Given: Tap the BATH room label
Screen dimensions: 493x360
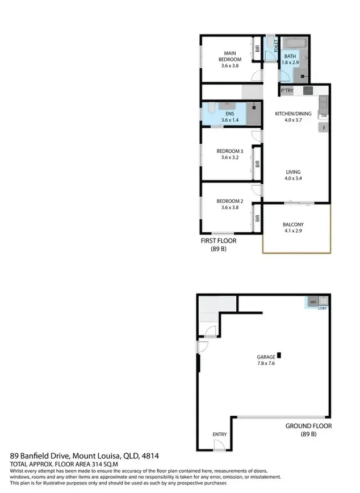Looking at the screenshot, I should tap(290, 56).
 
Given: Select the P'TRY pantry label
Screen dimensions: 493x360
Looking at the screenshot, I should tap(287, 91).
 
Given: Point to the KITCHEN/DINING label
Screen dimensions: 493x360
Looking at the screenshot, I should tap(293, 114).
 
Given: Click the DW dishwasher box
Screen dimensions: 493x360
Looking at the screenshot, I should tap(324, 116).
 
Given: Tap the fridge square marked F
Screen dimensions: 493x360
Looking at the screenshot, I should tap(324, 128).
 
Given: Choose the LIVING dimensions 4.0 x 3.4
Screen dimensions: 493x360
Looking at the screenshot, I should tap(294, 178).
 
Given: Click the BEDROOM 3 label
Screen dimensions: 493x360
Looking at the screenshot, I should tap(230, 151).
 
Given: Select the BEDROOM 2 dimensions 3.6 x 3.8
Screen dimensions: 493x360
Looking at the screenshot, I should tap(230, 207).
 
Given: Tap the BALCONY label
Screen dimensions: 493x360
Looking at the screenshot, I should tap(294, 225).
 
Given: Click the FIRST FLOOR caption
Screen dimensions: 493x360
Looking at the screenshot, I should tap(219, 241).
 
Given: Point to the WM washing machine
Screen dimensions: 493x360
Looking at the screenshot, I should tap(313, 302).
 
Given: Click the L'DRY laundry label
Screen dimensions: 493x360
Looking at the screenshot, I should tap(322, 308).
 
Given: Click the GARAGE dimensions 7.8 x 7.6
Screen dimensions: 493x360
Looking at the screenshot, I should tap(266, 364).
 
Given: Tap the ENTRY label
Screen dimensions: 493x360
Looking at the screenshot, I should tap(220, 434).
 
